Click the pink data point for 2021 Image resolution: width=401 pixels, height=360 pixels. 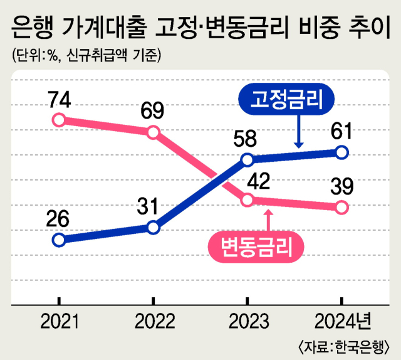[x=59, y=120]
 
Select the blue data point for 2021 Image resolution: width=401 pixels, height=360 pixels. [x=59, y=240]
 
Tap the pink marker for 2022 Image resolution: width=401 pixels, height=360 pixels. [x=154, y=132]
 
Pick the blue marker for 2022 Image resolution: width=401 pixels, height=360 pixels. [x=154, y=227]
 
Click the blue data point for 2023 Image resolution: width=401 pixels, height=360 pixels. [x=247, y=159]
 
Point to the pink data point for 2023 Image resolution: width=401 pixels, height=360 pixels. [x=247, y=200]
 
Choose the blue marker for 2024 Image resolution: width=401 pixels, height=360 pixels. [x=341, y=152]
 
